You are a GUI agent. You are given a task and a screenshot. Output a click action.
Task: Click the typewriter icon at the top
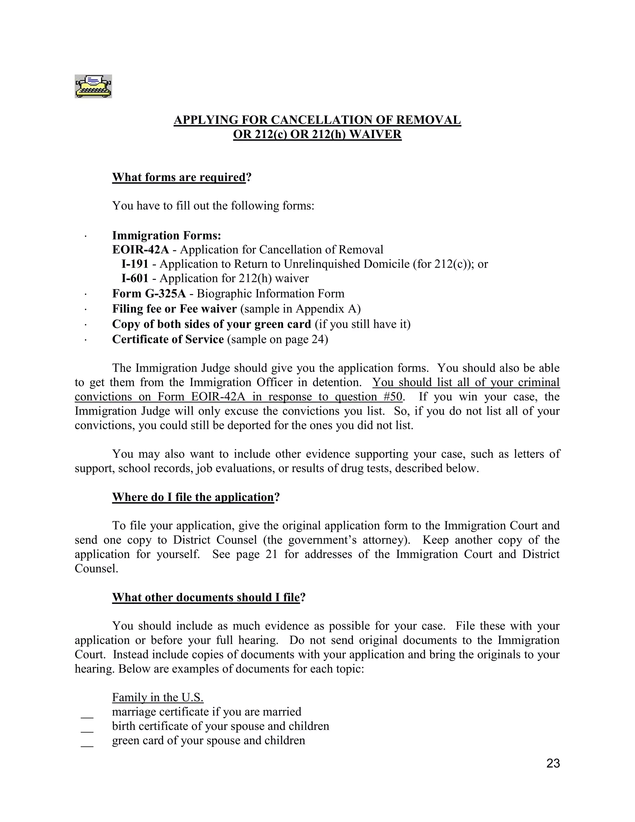click(x=93, y=86)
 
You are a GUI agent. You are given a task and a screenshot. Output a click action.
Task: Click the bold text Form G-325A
click(x=149, y=293)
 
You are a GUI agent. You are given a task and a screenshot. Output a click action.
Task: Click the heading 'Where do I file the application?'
click(x=196, y=497)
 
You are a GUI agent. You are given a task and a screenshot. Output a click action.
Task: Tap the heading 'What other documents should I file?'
click(x=208, y=597)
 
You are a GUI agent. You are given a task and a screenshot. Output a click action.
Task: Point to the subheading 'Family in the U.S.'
click(x=158, y=697)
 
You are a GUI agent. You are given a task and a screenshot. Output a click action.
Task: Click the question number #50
click(x=394, y=397)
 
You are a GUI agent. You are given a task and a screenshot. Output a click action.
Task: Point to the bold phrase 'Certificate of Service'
click(x=168, y=339)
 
